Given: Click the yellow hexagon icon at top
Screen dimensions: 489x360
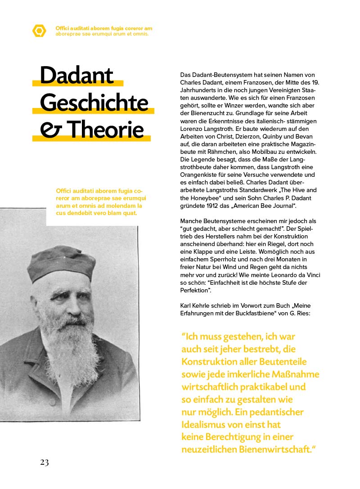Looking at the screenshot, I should point(40,31).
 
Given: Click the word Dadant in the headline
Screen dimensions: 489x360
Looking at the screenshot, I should point(76,76).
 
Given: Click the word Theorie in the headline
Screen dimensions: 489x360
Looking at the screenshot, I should point(107,130).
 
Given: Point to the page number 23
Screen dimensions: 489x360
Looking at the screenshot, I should point(44,462).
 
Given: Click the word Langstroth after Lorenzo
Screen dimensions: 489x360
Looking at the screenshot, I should point(217,129).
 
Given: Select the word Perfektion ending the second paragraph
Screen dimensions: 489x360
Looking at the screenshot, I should point(196,290).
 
